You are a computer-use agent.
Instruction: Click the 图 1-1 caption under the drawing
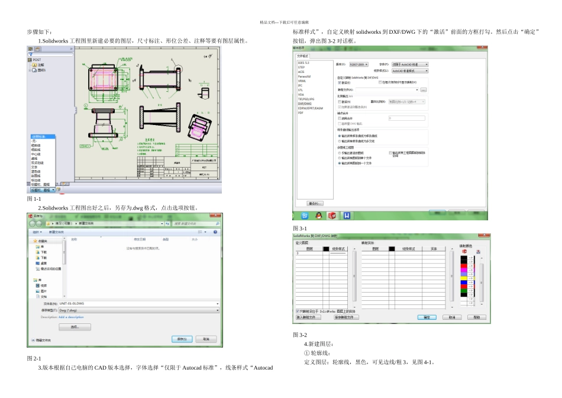click(34, 200)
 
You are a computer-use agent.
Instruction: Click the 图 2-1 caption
click(34, 359)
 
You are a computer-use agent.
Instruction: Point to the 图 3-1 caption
click(300, 229)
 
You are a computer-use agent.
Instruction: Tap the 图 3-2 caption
click(300, 335)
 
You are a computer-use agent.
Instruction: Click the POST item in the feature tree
click(36, 60)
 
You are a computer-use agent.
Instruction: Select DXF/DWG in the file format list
click(305, 102)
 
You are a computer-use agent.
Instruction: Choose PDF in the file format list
click(301, 112)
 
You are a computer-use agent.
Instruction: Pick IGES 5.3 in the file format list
click(303, 62)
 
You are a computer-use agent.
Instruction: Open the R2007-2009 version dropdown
click(358, 64)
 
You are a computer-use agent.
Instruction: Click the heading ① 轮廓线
click(319, 354)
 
